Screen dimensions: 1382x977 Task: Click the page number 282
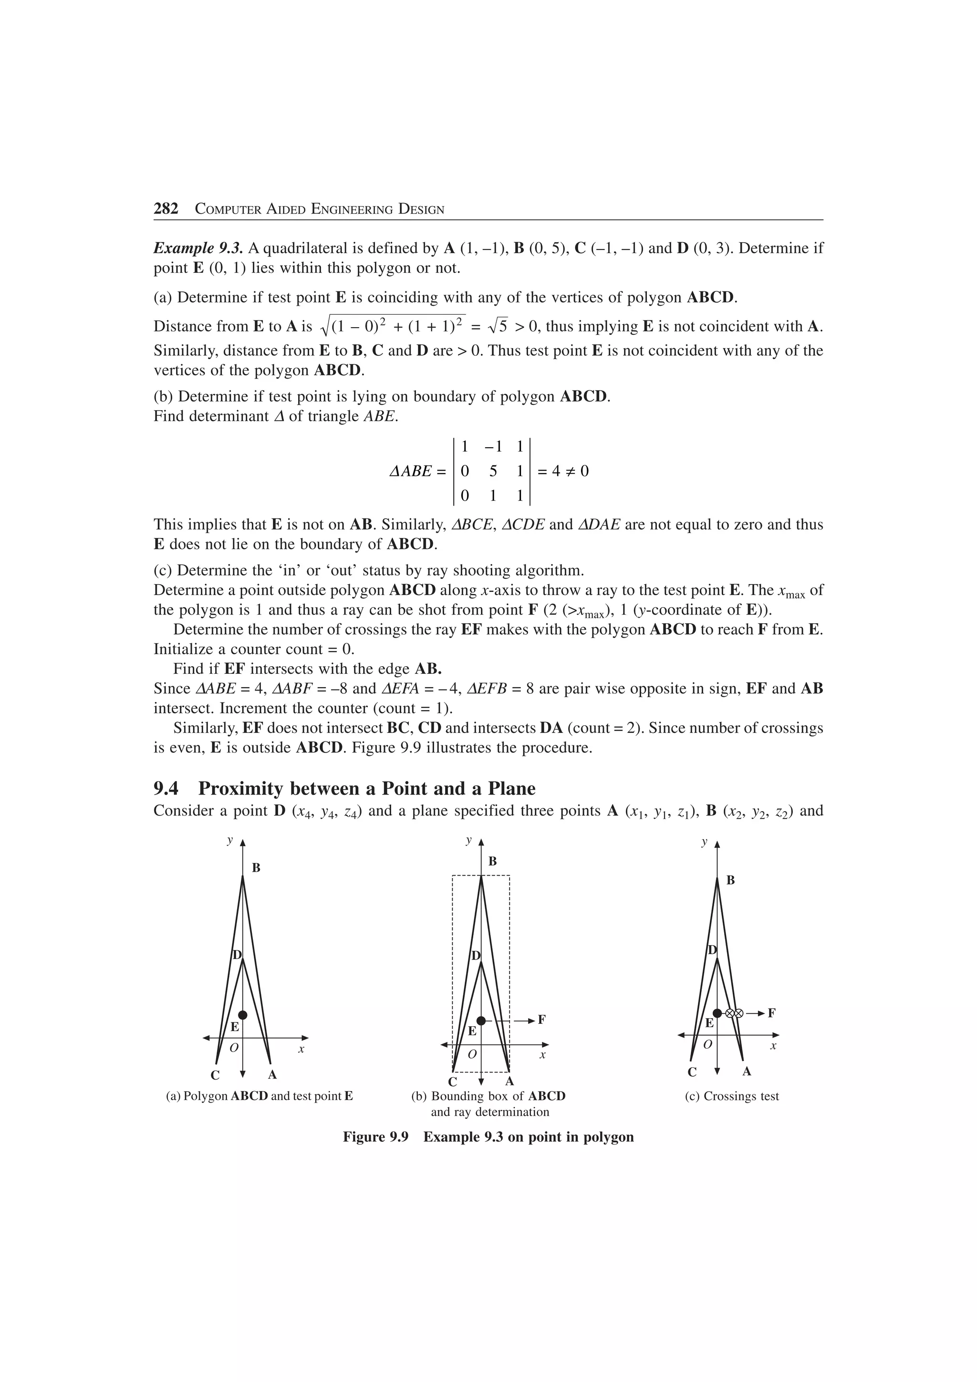point(166,209)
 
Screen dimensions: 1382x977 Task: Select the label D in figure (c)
point(712,950)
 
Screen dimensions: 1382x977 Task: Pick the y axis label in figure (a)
point(229,840)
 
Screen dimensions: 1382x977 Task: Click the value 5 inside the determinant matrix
point(493,471)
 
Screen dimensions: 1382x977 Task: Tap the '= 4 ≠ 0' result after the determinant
point(562,471)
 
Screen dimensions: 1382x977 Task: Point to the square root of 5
point(499,326)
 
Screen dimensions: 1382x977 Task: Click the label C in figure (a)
point(215,1075)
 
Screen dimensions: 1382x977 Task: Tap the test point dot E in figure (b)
point(480,1021)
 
